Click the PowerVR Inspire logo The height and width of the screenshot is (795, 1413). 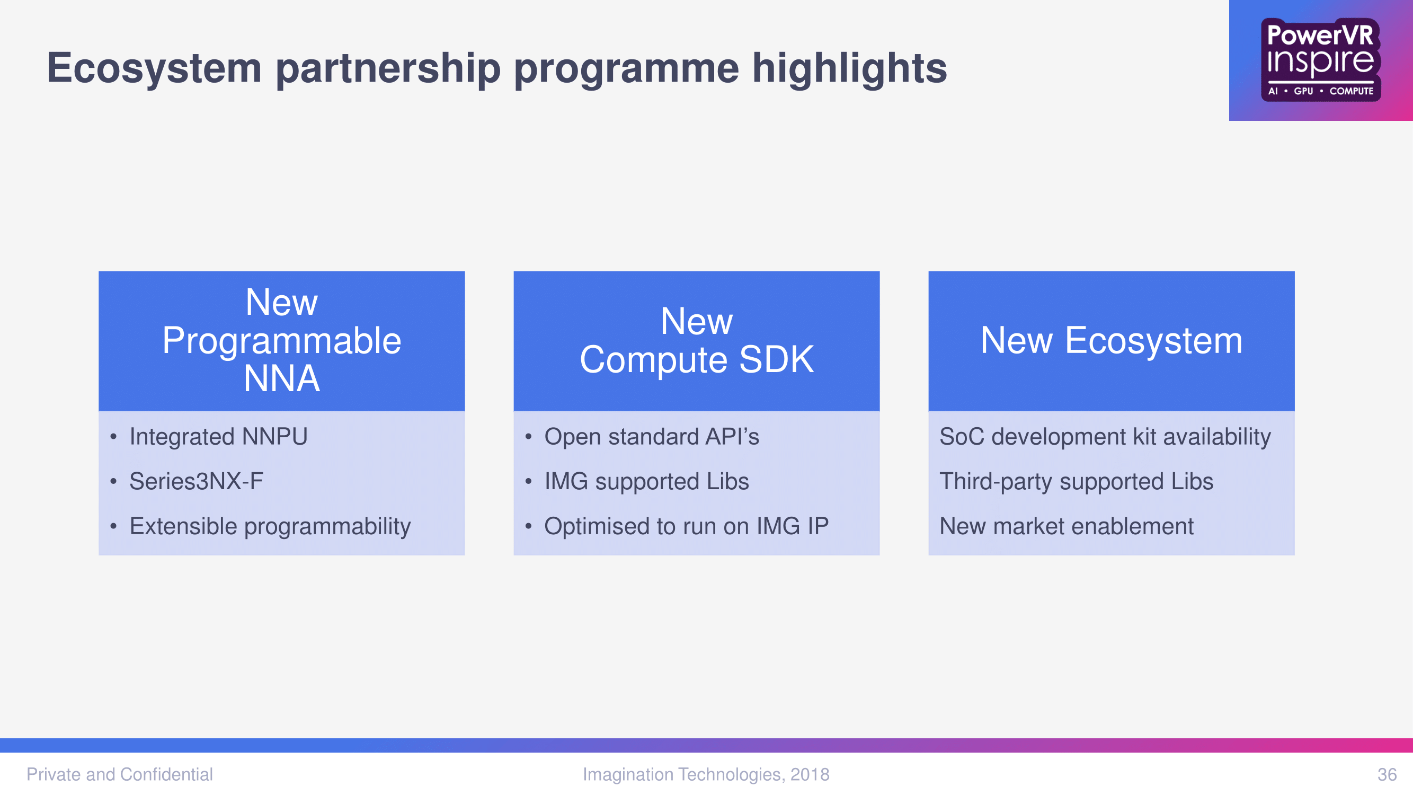click(x=1320, y=60)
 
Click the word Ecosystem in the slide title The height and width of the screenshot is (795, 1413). click(x=154, y=68)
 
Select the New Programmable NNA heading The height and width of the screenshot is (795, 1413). click(x=281, y=340)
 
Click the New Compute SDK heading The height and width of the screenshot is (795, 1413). click(x=697, y=340)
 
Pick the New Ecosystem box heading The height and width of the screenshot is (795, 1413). click(x=1112, y=340)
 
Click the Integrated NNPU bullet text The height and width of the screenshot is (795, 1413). click(x=218, y=437)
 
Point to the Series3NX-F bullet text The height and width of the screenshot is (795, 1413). click(x=197, y=481)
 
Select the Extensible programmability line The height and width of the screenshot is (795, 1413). click(x=270, y=526)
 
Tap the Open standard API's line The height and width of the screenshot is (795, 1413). click(x=652, y=437)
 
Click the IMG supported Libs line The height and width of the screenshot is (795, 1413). click(x=647, y=481)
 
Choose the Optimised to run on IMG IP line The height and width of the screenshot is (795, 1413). click(x=686, y=526)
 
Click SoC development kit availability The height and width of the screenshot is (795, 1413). click(x=1105, y=437)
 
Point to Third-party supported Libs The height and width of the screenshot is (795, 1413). click(x=1076, y=481)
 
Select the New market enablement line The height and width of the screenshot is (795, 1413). click(x=1067, y=526)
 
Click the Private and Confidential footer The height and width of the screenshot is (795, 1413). click(x=120, y=774)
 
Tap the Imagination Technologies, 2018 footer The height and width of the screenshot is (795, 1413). click(x=706, y=774)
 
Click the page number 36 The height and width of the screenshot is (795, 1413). click(x=1387, y=774)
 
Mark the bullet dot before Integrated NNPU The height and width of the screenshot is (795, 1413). click(x=113, y=437)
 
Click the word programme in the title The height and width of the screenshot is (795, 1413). click(x=626, y=68)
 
